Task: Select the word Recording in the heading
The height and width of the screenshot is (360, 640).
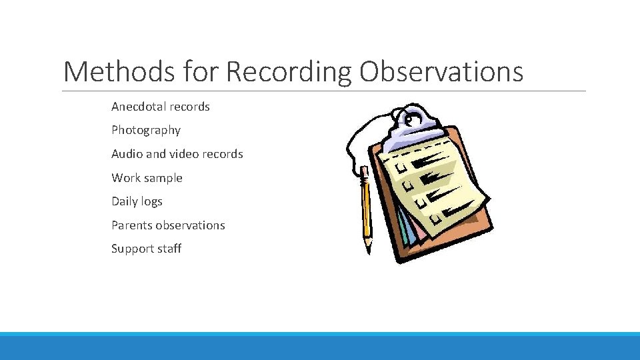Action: point(288,71)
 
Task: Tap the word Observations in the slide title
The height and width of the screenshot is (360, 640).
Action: point(441,71)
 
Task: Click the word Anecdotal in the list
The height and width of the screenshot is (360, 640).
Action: point(138,107)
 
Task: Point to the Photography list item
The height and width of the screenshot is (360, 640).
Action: point(146,130)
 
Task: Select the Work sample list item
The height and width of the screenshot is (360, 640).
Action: point(147,178)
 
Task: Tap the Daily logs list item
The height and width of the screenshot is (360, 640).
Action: point(137,201)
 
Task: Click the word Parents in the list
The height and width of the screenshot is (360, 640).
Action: point(131,225)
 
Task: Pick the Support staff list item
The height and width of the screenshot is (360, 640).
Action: point(146,249)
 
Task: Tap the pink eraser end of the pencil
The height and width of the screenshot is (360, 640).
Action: point(364,171)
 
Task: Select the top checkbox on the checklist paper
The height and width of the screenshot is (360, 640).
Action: point(401,163)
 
